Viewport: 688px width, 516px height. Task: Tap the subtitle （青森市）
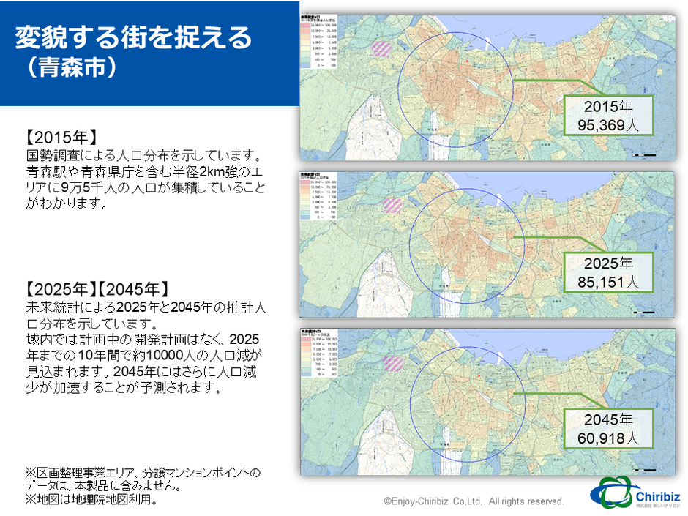coord(70,68)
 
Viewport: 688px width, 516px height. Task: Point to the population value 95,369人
coord(608,125)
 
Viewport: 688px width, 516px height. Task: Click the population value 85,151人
coord(608,281)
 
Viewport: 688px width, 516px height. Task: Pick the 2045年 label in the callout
coord(608,420)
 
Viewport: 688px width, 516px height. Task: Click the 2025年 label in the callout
coord(608,263)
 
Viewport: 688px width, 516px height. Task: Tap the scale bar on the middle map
coord(644,312)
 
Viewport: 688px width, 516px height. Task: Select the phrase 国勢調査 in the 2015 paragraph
coord(52,156)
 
